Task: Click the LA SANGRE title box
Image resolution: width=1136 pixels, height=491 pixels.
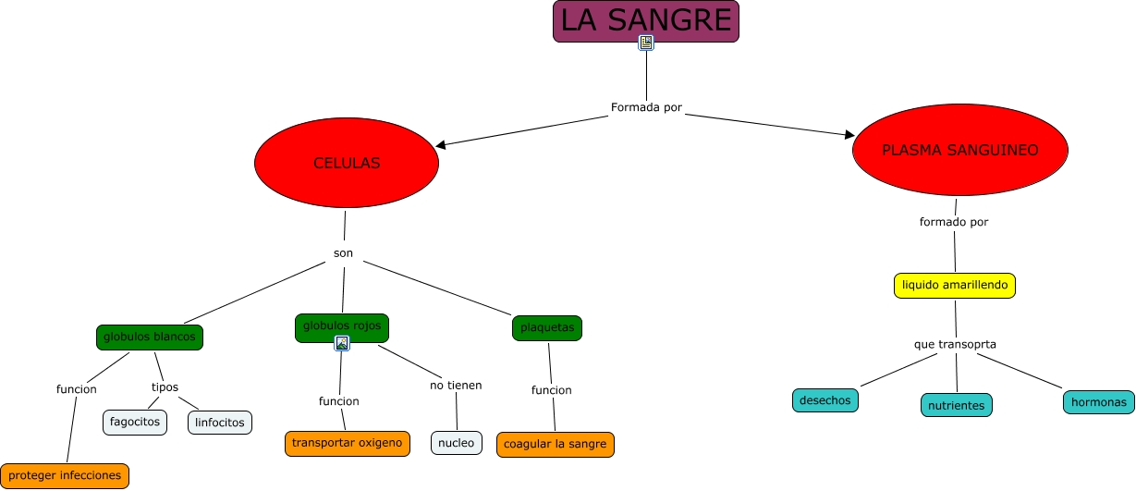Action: (645, 20)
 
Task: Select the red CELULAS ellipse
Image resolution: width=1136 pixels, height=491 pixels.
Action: (347, 163)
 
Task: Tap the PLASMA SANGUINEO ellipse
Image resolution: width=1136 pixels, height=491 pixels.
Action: (959, 150)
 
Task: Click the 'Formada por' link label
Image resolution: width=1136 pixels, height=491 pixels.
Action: (646, 107)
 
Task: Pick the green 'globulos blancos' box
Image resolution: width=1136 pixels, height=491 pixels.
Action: (150, 337)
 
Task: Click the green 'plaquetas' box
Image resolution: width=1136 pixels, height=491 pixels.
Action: (547, 327)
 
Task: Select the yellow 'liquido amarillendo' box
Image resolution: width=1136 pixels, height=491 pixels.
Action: (955, 286)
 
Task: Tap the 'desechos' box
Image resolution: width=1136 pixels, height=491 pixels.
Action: (825, 400)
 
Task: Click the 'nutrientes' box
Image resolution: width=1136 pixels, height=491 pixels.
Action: (957, 405)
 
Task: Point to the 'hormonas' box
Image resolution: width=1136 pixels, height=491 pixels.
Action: (1098, 402)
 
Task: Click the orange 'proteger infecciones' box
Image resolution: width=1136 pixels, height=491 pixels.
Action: (65, 475)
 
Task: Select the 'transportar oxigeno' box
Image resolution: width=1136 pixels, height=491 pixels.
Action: (347, 443)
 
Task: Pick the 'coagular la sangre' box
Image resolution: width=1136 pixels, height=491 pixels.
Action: (555, 444)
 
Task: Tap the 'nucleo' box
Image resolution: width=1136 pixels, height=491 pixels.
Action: (456, 443)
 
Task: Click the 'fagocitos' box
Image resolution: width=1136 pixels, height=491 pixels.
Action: (135, 422)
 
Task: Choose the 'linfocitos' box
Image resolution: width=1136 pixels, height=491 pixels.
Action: (220, 423)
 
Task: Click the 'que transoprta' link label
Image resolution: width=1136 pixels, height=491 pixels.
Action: (955, 344)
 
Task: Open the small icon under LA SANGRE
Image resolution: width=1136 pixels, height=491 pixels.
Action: (646, 43)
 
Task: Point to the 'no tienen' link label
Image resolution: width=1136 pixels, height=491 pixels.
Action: (456, 385)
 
